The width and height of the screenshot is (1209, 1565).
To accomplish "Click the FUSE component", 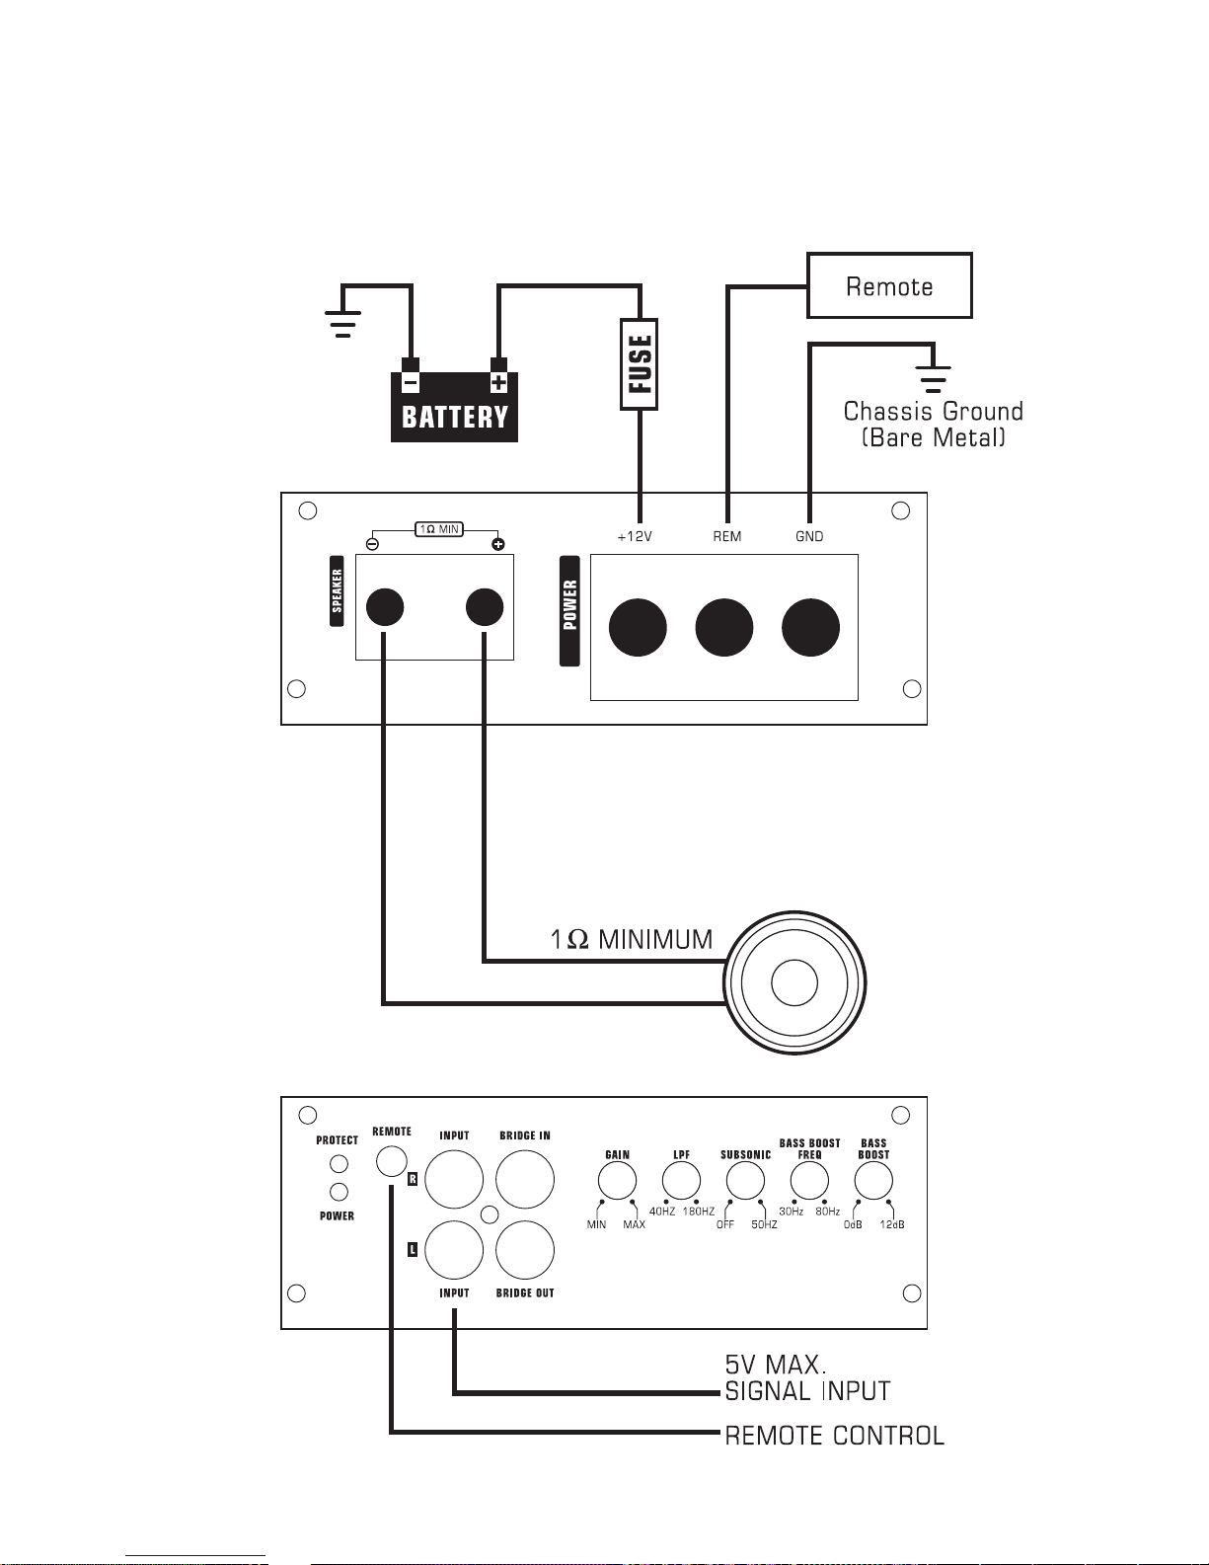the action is point(640,364).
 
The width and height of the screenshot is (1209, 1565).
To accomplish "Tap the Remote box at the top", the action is point(889,285).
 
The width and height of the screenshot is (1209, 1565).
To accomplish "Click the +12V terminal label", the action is point(635,536).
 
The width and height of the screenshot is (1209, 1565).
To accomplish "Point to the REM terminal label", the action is point(726,536).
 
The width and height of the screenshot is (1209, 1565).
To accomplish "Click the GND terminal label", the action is point(809,536).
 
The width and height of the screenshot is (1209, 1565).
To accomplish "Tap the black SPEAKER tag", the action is point(337,590).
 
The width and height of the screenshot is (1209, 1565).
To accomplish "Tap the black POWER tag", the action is point(570,611).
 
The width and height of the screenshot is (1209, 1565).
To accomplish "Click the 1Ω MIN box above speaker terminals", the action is point(439,529).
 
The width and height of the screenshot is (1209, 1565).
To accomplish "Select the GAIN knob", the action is point(618,1180).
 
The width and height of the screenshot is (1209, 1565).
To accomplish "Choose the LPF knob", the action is point(682,1180).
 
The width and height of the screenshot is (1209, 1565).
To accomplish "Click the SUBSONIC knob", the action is point(745,1180).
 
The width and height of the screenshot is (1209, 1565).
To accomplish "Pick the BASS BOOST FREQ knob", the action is point(809,1180).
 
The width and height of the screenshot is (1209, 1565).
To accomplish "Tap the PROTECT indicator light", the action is point(339,1164).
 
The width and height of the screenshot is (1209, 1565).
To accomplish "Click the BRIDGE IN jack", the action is point(525,1179).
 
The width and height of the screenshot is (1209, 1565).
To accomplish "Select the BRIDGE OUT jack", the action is point(525,1250).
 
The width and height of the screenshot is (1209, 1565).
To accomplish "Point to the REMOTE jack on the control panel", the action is point(392,1161).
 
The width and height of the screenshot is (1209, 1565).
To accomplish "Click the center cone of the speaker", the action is point(794,983).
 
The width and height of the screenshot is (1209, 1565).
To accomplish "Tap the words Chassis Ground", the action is point(934,411).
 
